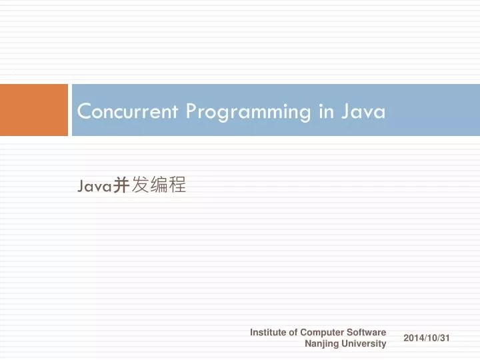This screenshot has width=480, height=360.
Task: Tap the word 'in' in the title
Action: point(326,111)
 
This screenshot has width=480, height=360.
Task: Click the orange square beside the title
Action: point(34,110)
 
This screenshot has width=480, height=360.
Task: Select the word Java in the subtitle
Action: point(93,187)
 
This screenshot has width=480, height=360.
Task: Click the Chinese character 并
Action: point(120,186)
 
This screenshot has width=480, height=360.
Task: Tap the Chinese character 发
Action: point(140,186)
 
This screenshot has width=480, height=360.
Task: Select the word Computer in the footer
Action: point(322,332)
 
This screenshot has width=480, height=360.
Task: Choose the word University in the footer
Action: point(364,344)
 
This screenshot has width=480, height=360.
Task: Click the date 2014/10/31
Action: point(427,339)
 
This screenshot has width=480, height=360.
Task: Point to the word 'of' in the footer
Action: point(293,332)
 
